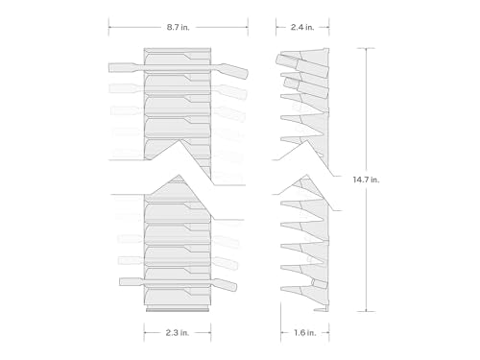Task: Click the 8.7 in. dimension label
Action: tap(178, 27)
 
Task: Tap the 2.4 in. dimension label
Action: tap(302, 27)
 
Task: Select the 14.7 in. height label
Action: tap(366, 180)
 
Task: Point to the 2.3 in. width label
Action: tap(178, 333)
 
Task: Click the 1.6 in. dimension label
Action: tap(305, 333)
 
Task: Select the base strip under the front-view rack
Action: tap(178, 310)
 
